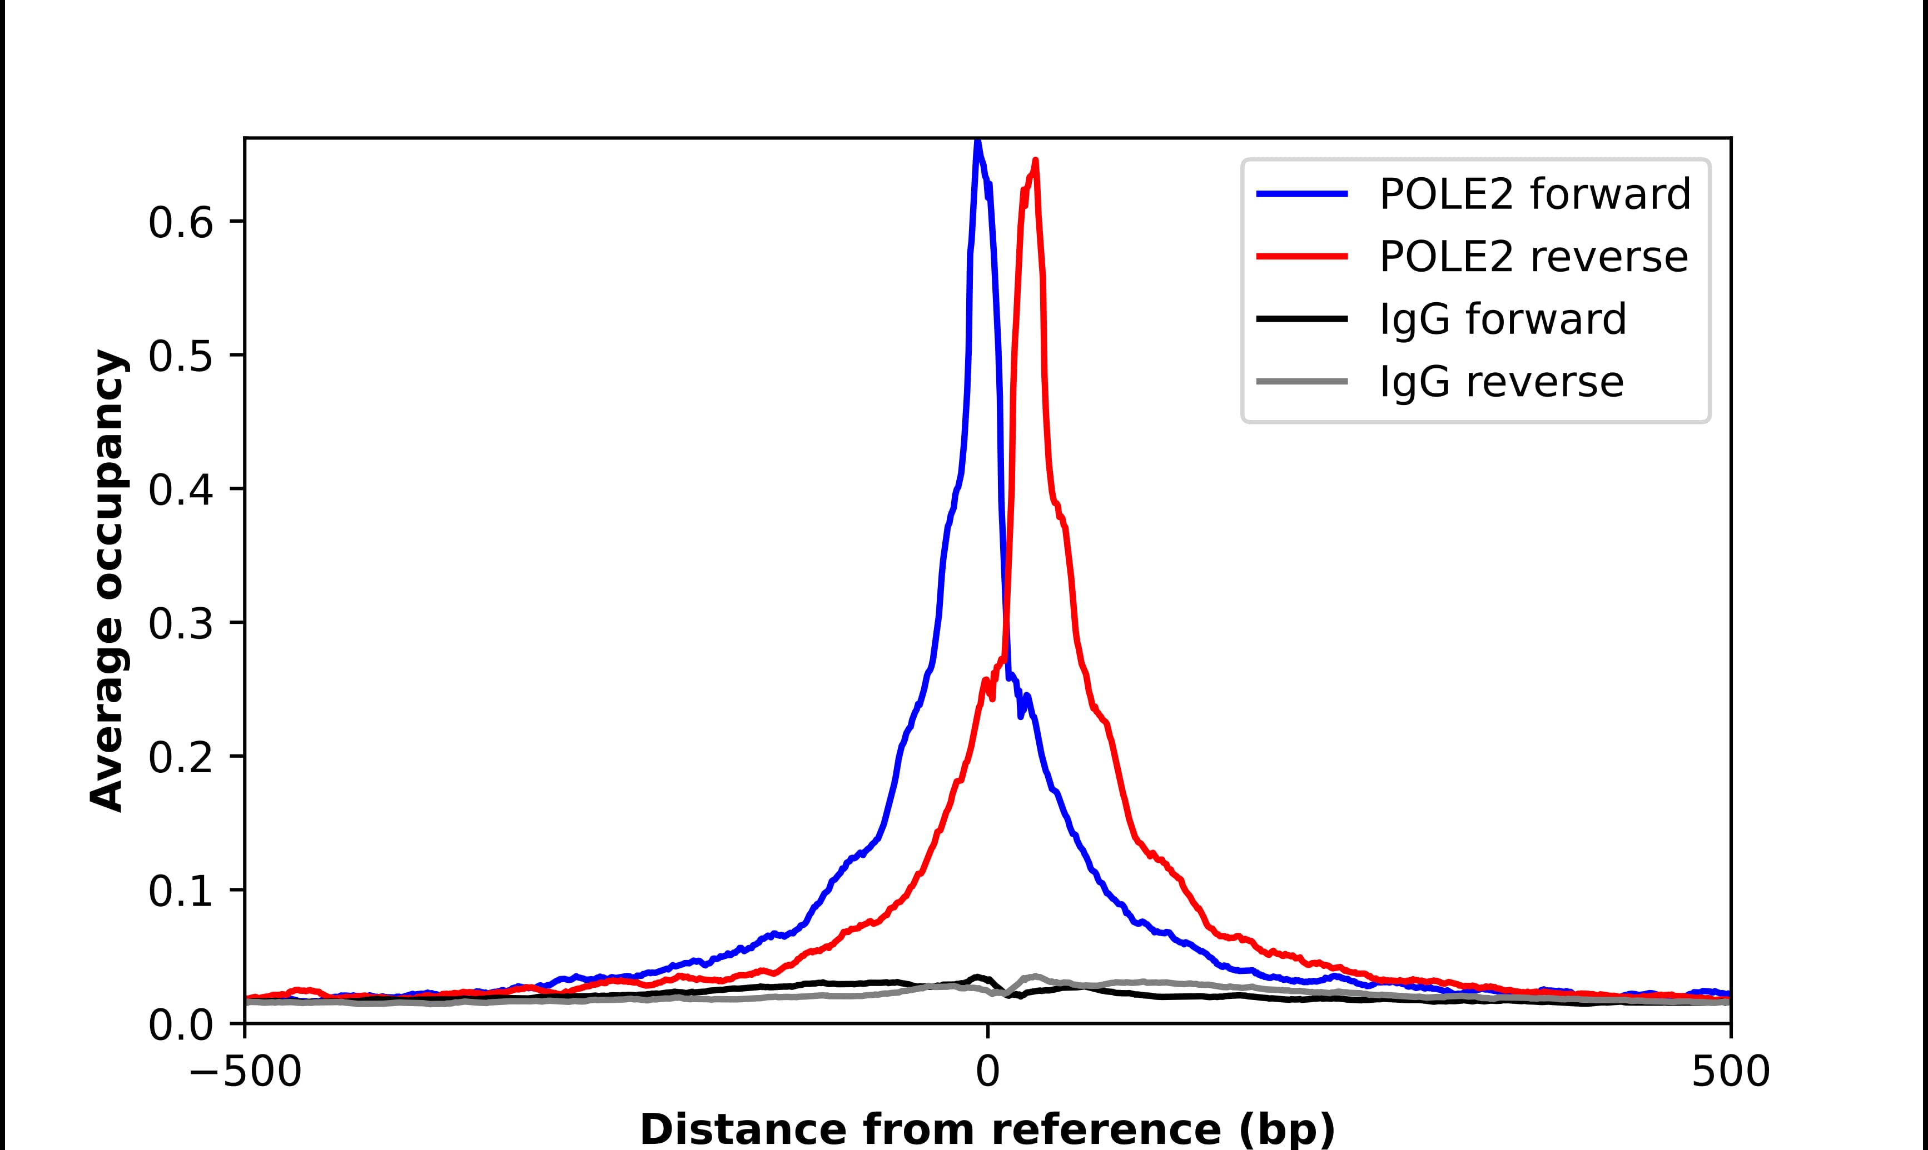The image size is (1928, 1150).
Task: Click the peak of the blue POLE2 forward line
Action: (x=977, y=142)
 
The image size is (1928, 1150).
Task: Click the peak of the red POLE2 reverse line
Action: (x=1036, y=161)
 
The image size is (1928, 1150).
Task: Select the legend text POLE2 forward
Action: (x=1534, y=194)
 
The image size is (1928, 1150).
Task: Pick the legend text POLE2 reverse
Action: (x=1533, y=257)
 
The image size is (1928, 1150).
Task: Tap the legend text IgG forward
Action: (x=1502, y=319)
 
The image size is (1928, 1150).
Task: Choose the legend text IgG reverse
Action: (x=1501, y=382)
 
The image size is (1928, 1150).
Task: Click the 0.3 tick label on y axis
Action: (x=180, y=624)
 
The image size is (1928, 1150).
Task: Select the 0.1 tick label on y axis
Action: (x=180, y=892)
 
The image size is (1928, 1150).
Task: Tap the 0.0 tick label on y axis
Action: (x=180, y=1026)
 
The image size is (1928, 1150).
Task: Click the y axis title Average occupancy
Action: (x=106, y=581)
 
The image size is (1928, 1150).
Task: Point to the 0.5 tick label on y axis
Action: (x=180, y=357)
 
